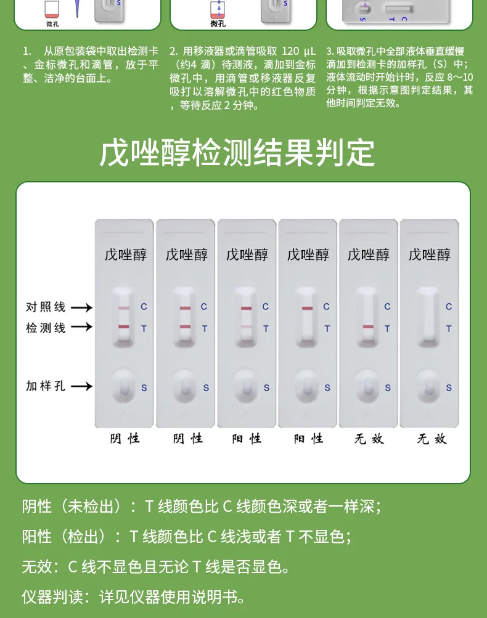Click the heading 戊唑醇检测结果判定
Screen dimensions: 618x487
tap(237, 153)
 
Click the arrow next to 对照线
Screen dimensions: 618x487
tap(81, 307)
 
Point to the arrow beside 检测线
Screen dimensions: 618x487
tap(81, 328)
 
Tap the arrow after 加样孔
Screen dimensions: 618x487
tap(81, 386)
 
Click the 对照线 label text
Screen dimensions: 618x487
tap(46, 307)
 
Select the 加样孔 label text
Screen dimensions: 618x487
tap(46, 386)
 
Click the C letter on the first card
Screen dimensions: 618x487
tap(144, 307)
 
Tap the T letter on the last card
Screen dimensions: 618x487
tap(449, 328)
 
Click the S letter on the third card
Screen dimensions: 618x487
tap(266, 388)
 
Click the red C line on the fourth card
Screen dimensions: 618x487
tap(307, 308)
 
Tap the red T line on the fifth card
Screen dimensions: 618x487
tap(368, 327)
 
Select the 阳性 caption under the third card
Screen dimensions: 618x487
tap(247, 439)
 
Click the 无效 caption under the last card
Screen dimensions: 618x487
tap(432, 439)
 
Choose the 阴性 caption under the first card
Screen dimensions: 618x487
tap(125, 439)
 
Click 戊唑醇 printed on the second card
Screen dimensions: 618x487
tap(186, 254)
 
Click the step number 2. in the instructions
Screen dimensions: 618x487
tap(173, 51)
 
